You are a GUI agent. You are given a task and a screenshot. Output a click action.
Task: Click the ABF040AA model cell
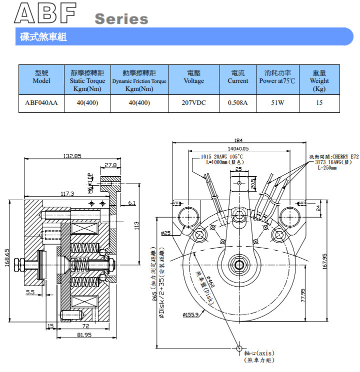pos(41,103)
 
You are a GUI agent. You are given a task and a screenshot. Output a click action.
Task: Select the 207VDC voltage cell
pos(193,103)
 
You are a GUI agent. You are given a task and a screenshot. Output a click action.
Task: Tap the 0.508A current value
pos(237,103)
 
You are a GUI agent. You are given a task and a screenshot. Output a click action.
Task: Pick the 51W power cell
pos(277,103)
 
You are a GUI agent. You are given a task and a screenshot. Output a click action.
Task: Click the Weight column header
pos(319,80)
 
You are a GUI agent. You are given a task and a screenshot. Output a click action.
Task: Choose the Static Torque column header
pos(87,80)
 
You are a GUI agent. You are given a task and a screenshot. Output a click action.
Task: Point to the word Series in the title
pos(121,19)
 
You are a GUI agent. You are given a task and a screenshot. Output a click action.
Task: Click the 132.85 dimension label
pos(72,156)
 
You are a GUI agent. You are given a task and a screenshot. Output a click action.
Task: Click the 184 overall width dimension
pos(238,140)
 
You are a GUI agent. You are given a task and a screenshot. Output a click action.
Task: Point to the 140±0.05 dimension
pos(238,149)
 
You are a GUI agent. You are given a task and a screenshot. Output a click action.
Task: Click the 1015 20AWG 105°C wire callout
pos(221,156)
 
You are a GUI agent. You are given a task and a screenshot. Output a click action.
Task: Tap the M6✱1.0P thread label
pos(90,183)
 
